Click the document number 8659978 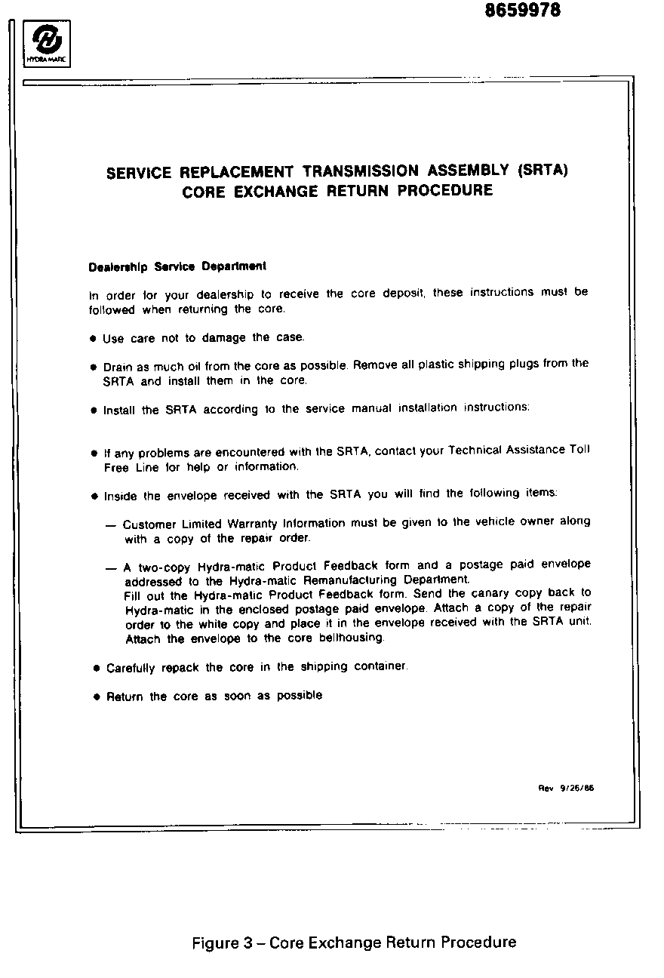click(x=522, y=11)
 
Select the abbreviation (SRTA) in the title click(x=543, y=170)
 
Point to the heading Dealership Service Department click(x=177, y=266)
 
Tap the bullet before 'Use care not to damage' click(x=94, y=339)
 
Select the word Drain click(x=118, y=367)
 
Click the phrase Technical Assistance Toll click(x=519, y=450)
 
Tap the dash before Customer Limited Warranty click(x=110, y=524)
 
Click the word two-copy click(x=163, y=567)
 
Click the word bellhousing click(x=352, y=638)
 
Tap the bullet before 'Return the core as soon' click(x=97, y=697)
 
